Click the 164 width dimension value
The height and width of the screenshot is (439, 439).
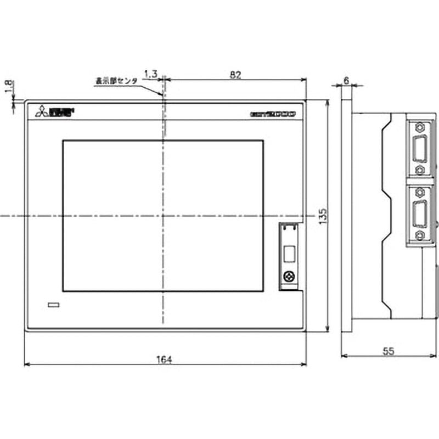165,359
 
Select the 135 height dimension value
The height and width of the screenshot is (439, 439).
323,216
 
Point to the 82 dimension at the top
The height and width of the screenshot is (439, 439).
235,75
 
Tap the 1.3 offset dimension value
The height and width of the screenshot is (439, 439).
150,74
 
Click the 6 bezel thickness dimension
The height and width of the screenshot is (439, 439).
346,80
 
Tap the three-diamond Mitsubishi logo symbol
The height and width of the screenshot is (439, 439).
42,112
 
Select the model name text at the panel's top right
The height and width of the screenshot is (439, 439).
273,114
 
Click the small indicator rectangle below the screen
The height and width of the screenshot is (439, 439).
54,305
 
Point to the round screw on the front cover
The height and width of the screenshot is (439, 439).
288,277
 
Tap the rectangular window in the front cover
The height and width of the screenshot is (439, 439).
288,255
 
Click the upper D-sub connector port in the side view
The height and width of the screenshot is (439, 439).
420,149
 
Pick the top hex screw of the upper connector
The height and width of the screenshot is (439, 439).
420,127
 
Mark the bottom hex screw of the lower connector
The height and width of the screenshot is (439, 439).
420,235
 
